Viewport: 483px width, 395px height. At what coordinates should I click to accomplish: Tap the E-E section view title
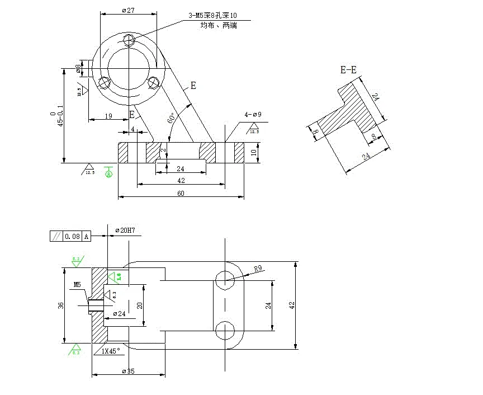tap(348, 70)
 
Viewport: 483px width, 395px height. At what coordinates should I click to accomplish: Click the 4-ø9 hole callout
tap(253, 115)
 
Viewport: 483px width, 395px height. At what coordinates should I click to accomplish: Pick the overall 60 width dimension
tap(180, 193)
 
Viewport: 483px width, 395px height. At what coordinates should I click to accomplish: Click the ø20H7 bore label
tap(126, 231)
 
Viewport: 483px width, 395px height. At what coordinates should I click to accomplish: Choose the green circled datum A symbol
tap(108, 174)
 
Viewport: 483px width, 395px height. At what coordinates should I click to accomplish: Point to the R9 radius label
tap(258, 269)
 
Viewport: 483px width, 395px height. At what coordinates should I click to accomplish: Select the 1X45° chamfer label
tap(110, 351)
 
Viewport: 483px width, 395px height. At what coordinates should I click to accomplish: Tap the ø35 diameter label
tap(129, 372)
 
